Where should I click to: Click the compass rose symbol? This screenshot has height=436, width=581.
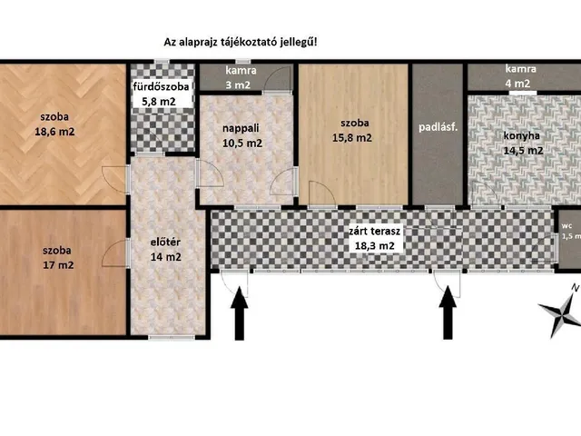559,315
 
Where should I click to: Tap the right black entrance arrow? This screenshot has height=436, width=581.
447,318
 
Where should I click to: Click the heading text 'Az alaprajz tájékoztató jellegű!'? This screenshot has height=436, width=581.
241,42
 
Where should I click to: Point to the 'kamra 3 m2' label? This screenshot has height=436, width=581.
241,77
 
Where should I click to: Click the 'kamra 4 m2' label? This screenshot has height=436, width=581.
516,76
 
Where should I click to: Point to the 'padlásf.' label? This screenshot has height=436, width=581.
438,127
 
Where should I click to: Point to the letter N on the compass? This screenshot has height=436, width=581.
574,289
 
